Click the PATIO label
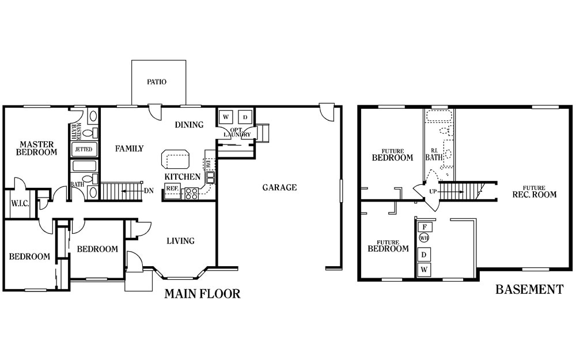157,82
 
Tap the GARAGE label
279,188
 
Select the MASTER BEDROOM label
37,148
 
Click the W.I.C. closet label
20,203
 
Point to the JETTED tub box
84,150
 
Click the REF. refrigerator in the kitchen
172,188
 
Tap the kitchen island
176,159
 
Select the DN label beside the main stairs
149,191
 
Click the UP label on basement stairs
433,192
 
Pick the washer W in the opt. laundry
226,117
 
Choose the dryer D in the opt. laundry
245,117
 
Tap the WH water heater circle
424,238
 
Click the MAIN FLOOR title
202,294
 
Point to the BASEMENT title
529,290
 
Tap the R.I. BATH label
434,155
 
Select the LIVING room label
180,241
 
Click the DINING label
189,125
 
